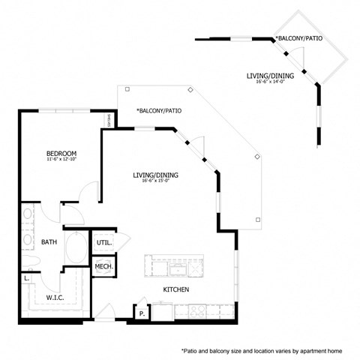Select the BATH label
(x=49, y=242)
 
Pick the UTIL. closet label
(x=103, y=243)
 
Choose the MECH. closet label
(x=103, y=267)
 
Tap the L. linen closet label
(x=27, y=279)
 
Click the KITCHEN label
(x=175, y=289)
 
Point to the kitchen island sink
(x=178, y=267)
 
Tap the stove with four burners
(x=197, y=310)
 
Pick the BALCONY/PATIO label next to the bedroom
(x=158, y=111)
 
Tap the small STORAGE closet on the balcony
(x=109, y=119)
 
